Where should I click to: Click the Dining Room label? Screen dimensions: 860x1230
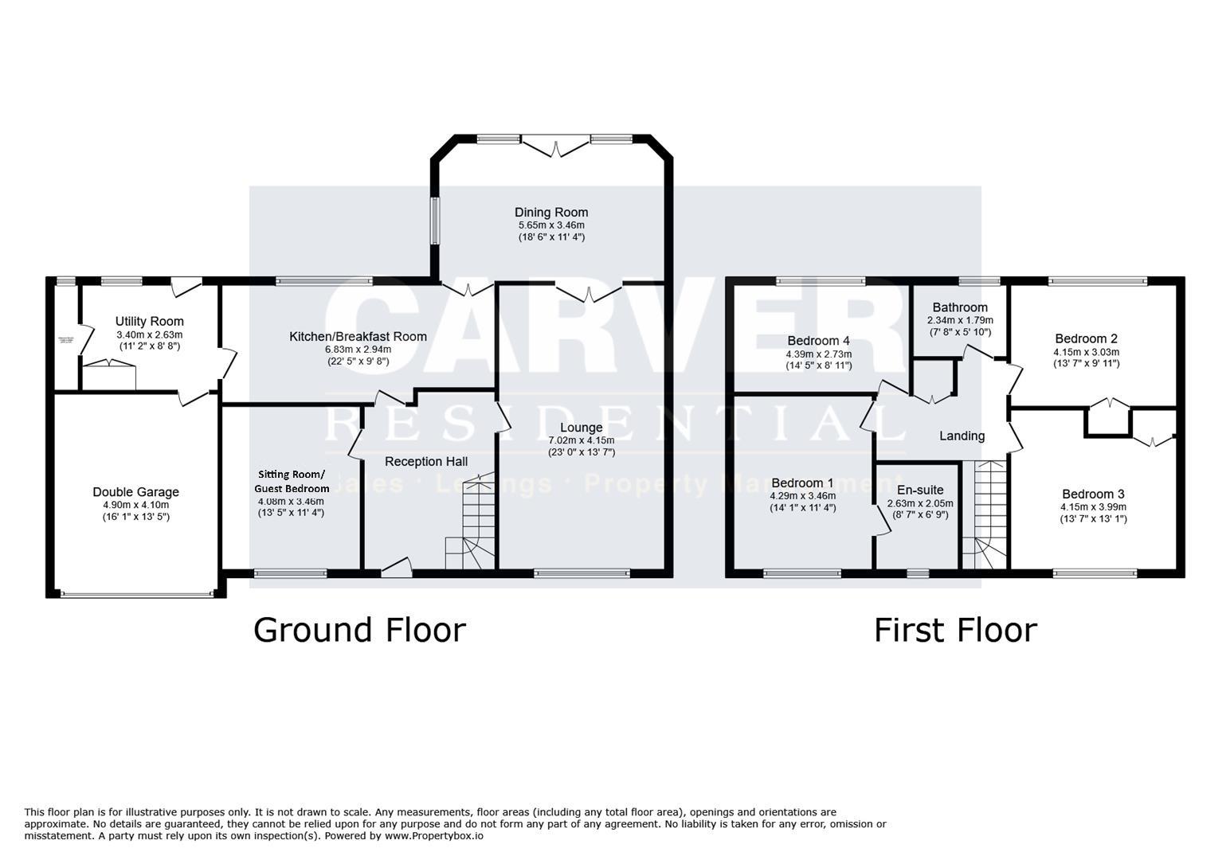point(550,212)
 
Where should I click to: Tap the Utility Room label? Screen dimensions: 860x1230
point(149,322)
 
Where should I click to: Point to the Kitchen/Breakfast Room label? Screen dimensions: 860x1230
point(358,336)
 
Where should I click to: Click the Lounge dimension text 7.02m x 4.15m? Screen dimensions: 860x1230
point(581,440)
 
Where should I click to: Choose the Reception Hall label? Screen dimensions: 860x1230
point(426,462)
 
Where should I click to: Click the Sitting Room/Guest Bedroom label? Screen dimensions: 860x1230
point(291,481)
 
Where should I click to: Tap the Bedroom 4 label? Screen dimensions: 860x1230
point(818,341)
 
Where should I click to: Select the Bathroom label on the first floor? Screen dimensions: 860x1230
point(960,307)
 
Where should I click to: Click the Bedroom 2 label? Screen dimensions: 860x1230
point(1086,338)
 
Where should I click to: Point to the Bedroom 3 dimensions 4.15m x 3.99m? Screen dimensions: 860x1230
point(1093,506)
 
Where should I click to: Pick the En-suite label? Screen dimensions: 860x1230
point(920,490)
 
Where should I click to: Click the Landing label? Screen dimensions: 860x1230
point(962,436)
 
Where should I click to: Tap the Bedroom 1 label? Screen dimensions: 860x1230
point(802,483)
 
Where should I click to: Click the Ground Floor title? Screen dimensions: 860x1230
point(359,630)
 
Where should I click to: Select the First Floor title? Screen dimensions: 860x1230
point(955,630)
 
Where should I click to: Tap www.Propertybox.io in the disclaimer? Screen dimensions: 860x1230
point(435,836)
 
